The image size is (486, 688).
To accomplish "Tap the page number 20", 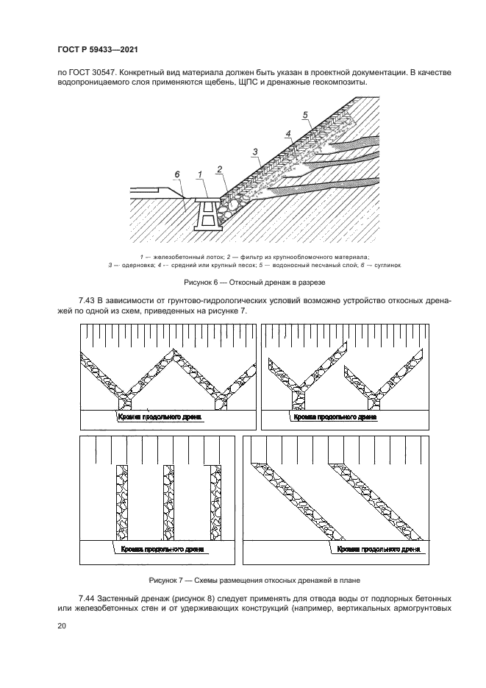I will coord(62,626).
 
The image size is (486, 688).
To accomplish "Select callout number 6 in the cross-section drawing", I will coord(176,174).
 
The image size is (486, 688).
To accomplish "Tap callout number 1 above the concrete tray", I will coord(199,174).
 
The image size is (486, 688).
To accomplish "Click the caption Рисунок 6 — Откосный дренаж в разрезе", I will coord(243,282).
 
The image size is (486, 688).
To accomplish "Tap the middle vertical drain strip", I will coord(168,504).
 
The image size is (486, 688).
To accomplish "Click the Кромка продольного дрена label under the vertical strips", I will coord(154,549).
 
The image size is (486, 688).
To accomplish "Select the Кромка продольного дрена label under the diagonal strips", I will coord(378,549).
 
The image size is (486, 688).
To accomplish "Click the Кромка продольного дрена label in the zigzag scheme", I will coord(159,416).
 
